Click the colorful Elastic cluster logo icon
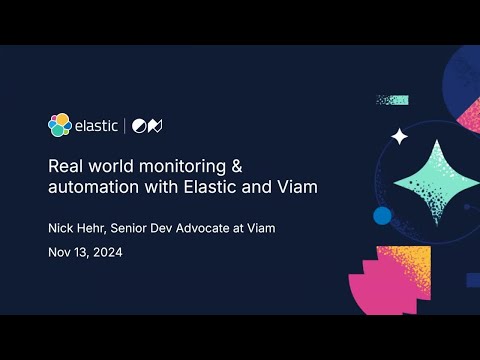pyautogui.click(x=59, y=125)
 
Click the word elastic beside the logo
pyautogui.click(x=97, y=126)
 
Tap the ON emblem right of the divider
pyautogui.click(x=149, y=126)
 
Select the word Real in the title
pyautogui.click(x=67, y=166)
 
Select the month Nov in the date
pyautogui.click(x=60, y=252)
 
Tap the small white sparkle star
pyautogui.click(x=399, y=136)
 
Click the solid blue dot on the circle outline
pyautogui.click(x=381, y=215)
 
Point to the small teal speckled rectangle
pyautogui.click(x=392, y=100)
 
